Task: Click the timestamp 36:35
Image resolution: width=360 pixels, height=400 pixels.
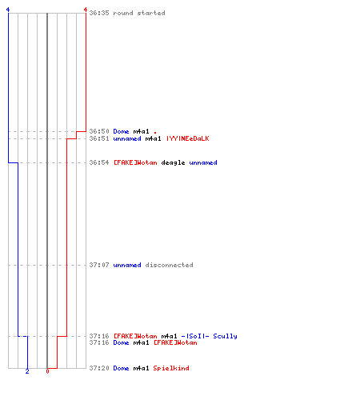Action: click(x=99, y=13)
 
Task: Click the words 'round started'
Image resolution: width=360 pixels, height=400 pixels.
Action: click(x=139, y=13)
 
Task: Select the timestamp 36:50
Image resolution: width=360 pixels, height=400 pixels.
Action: click(x=99, y=131)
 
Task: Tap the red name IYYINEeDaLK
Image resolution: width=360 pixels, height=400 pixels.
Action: click(x=188, y=138)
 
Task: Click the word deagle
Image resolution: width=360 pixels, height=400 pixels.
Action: click(x=173, y=162)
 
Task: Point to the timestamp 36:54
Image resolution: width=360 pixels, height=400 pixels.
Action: click(x=99, y=162)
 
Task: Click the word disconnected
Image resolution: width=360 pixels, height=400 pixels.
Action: click(x=169, y=265)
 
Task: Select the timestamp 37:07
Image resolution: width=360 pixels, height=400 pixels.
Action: click(x=99, y=265)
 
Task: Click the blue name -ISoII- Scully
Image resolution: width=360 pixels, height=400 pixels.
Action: click(x=209, y=336)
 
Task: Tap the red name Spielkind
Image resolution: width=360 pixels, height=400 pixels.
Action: click(x=171, y=368)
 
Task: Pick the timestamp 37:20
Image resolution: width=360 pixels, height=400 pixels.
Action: click(x=99, y=368)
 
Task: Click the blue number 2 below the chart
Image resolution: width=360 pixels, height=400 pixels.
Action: click(x=27, y=371)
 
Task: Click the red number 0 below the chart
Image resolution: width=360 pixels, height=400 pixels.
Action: click(x=47, y=371)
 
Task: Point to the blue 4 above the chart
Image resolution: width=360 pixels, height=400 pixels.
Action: click(x=8, y=10)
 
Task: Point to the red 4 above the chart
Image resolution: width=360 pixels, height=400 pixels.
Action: click(x=86, y=10)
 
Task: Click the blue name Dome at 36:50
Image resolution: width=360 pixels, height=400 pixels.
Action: click(x=121, y=131)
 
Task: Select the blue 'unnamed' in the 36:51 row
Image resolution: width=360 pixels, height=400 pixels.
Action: click(x=127, y=138)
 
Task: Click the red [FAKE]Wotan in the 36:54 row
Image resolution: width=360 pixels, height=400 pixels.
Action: click(x=135, y=162)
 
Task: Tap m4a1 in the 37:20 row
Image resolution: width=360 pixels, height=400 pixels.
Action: click(x=141, y=368)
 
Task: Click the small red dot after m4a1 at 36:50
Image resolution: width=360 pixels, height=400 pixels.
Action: click(x=155, y=132)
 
